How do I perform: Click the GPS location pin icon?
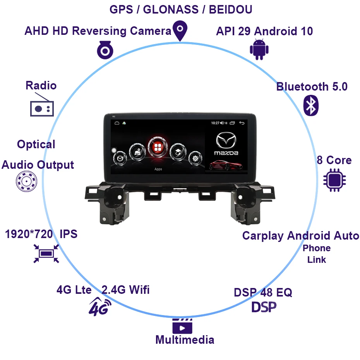[x=180, y=30]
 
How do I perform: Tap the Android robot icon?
[x=259, y=50]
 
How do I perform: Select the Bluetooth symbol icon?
[x=310, y=105]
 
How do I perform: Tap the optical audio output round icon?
[x=26, y=181]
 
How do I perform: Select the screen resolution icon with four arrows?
[x=46, y=254]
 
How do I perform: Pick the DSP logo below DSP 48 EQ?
[x=264, y=307]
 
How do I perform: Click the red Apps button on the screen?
[x=158, y=147]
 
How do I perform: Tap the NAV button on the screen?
[x=137, y=151]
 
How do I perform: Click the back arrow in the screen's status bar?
[x=242, y=123]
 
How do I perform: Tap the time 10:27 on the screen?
[x=215, y=123]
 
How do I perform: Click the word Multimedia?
[x=185, y=340]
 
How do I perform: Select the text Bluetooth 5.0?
[x=312, y=87]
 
